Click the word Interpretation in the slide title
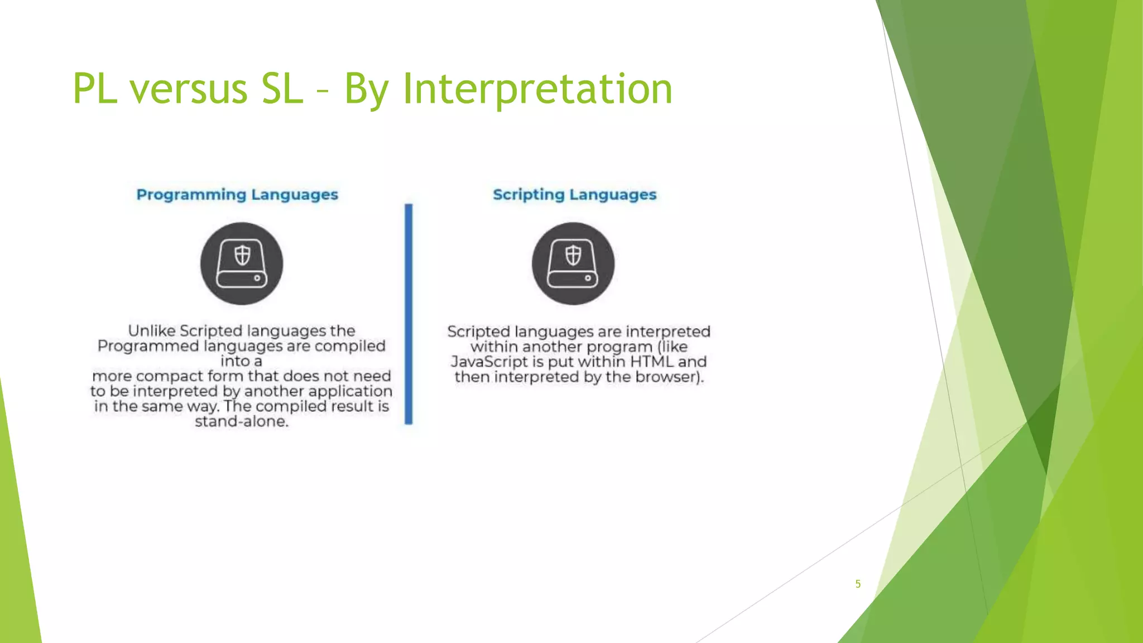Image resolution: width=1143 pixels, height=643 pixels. pos(537,89)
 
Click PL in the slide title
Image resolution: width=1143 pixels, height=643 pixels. pos(95,89)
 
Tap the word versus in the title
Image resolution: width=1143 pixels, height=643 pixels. pos(189,89)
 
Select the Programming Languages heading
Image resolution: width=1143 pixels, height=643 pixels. pos(237,195)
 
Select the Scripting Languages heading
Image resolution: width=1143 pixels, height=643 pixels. pos(574,195)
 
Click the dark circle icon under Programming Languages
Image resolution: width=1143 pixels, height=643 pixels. pos(242,263)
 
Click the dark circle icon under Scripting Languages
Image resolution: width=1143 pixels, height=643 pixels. pos(573,263)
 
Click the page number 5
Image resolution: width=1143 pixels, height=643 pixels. pos(858,584)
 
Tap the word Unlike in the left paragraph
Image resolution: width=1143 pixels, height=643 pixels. pos(152,331)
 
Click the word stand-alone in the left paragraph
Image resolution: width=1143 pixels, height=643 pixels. pos(241,421)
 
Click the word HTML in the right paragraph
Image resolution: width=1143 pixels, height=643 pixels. pos(652,362)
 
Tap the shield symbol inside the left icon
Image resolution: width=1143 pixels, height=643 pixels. pos(242,256)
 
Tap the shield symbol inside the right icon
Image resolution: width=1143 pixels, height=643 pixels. pos(573,256)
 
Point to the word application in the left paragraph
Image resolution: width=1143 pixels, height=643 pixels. pos(350,391)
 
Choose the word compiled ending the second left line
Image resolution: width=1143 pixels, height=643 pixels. pos(350,346)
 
